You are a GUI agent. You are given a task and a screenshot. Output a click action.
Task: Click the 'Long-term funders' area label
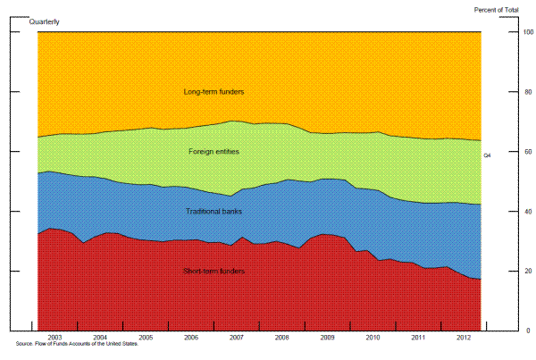[214, 92]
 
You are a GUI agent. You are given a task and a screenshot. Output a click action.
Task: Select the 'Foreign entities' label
[214, 152]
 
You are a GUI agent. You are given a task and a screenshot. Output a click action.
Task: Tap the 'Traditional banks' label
[214, 212]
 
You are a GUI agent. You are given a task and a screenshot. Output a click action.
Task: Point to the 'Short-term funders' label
[214, 271]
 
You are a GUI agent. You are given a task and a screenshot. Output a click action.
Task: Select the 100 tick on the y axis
[501, 33]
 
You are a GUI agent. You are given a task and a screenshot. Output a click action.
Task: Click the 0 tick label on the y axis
[502, 331]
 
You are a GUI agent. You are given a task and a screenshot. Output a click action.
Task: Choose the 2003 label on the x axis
[55, 338]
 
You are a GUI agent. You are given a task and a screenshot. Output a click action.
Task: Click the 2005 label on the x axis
[146, 338]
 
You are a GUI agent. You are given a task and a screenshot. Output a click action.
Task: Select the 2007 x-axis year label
[237, 338]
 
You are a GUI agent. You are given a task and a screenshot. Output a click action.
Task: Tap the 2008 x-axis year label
[282, 338]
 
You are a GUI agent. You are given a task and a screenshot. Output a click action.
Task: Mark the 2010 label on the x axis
[373, 338]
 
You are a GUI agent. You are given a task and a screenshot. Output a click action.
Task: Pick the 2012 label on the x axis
[464, 338]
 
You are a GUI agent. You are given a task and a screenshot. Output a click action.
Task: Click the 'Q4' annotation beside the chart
[487, 156]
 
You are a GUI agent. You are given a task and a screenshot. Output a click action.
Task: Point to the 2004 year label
[101, 338]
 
